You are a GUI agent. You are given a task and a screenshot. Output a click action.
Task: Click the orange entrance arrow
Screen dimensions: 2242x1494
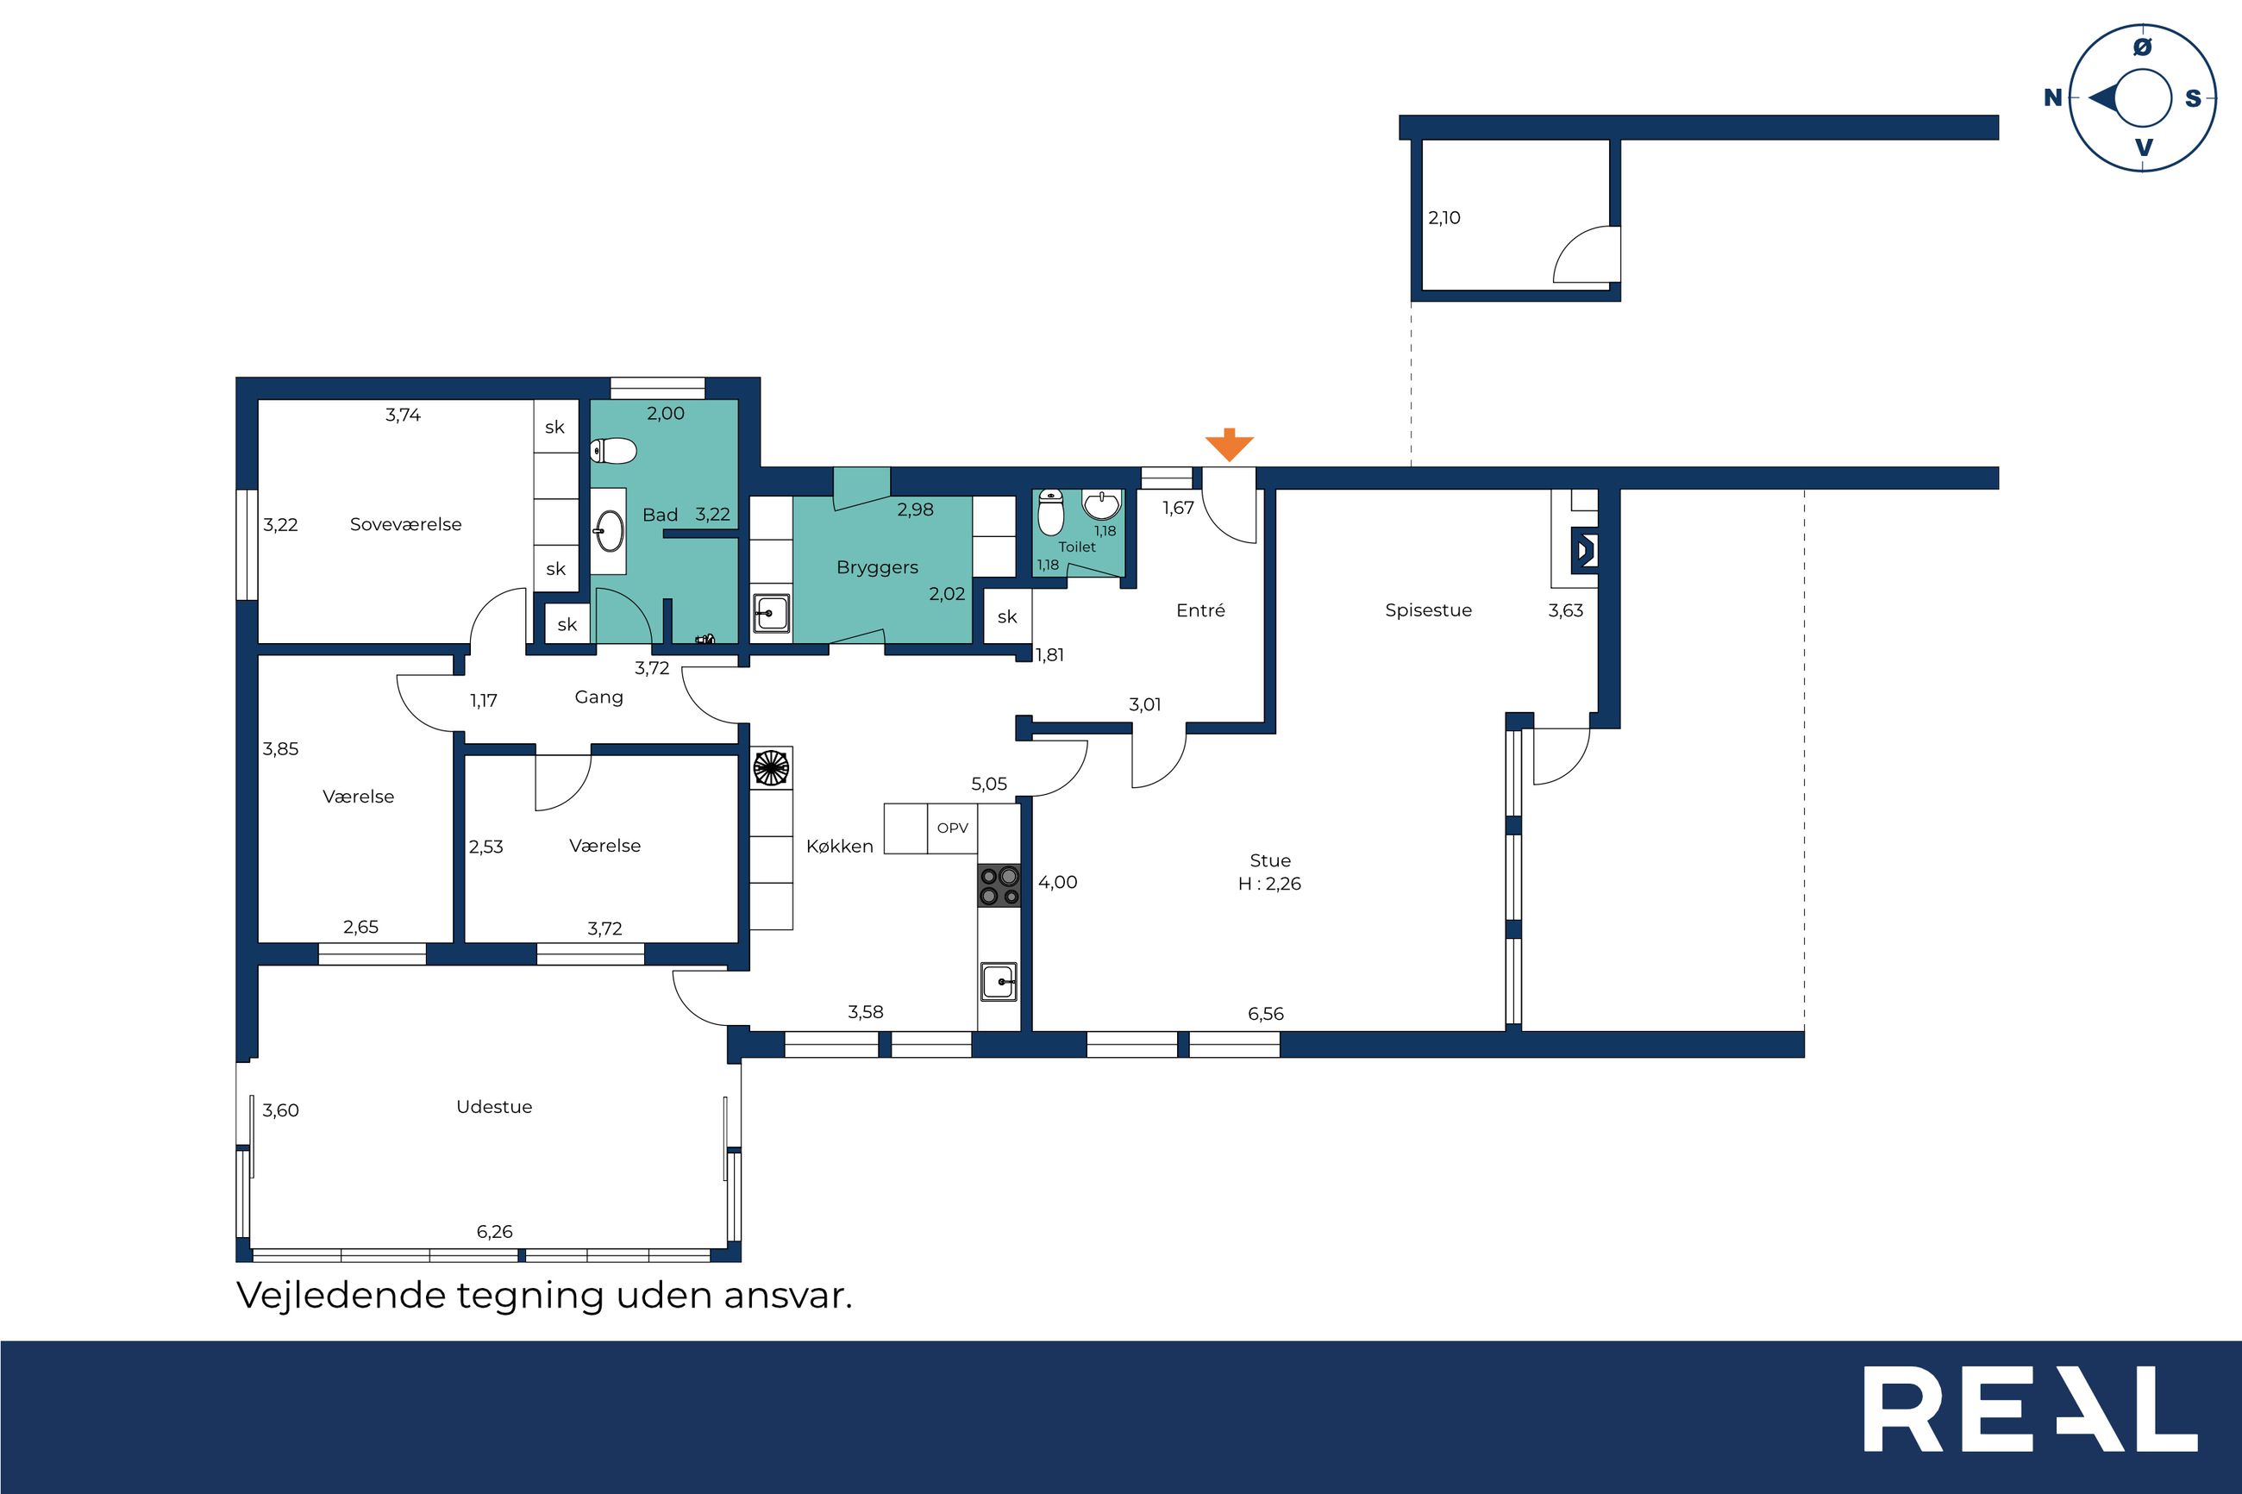[x=1229, y=445]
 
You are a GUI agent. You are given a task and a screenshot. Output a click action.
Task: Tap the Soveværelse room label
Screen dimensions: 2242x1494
[x=405, y=524]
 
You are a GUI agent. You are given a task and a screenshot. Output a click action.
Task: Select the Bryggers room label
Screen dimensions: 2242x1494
[x=877, y=568]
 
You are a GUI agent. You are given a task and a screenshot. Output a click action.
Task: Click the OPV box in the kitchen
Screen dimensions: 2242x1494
[x=952, y=828]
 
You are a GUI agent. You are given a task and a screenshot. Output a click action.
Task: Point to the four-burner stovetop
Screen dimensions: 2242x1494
[x=999, y=885]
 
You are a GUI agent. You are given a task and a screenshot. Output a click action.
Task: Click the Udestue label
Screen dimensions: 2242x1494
[x=493, y=1106]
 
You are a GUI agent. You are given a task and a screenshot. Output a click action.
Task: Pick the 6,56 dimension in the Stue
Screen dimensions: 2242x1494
[x=1265, y=1014]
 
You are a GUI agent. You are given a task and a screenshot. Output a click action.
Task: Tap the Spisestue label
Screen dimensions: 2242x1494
[x=1428, y=610]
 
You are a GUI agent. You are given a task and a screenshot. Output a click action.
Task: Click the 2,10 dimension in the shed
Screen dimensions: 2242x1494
[x=1444, y=217]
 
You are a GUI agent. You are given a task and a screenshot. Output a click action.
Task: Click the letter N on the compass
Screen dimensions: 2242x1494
[x=2052, y=97]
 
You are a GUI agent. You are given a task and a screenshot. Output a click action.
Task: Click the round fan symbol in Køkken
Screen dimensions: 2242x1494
[x=771, y=767]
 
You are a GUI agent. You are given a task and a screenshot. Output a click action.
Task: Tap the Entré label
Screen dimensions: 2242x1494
[x=1200, y=610]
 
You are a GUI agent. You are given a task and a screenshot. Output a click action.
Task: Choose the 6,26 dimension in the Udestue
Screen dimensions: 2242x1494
[x=494, y=1232]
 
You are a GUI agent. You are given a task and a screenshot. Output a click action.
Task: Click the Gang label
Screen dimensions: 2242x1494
[x=598, y=697]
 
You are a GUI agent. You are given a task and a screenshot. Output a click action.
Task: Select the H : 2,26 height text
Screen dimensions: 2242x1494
[x=1269, y=885]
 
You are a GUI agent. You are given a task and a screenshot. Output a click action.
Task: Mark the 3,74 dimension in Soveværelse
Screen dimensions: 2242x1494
[x=403, y=415]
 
